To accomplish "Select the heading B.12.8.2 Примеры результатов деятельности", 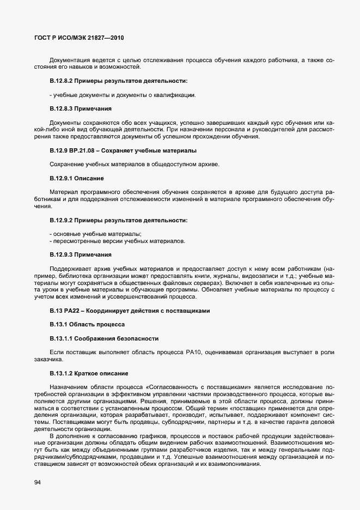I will (118, 81).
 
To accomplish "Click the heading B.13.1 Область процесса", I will (87, 324).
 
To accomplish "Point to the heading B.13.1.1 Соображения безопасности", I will (104, 338).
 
